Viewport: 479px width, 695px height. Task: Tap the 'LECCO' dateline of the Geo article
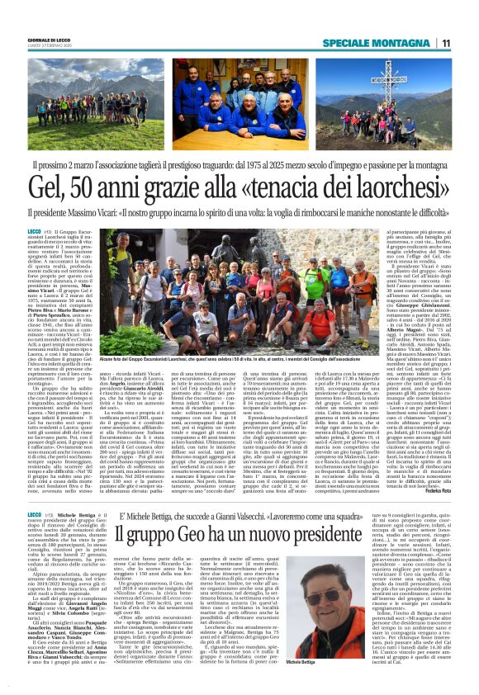(35, 489)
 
